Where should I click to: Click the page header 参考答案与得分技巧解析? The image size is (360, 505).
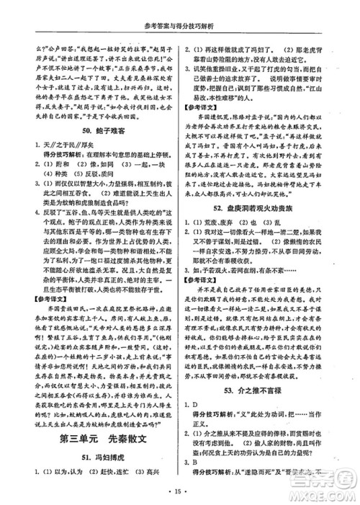(180, 9)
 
